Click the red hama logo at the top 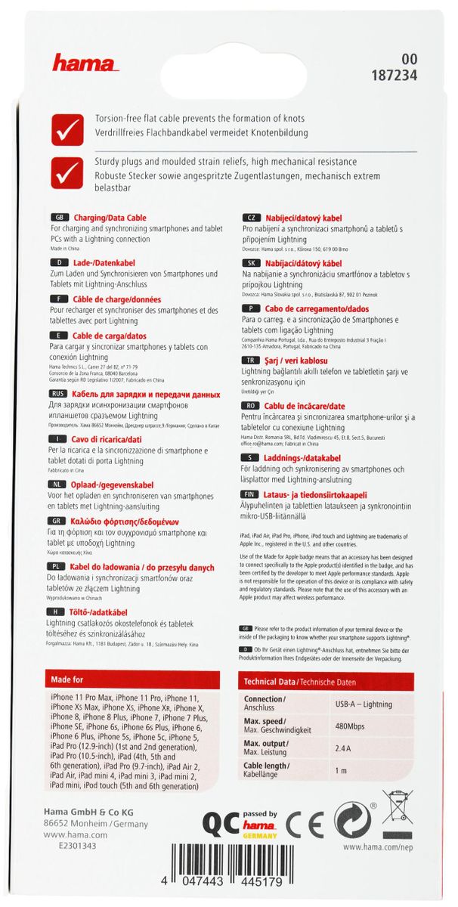point(85,63)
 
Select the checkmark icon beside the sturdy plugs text point(67,173)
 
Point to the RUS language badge point(58,395)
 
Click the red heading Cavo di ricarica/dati point(106,439)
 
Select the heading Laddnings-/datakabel point(302,458)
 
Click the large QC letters point(221,821)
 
